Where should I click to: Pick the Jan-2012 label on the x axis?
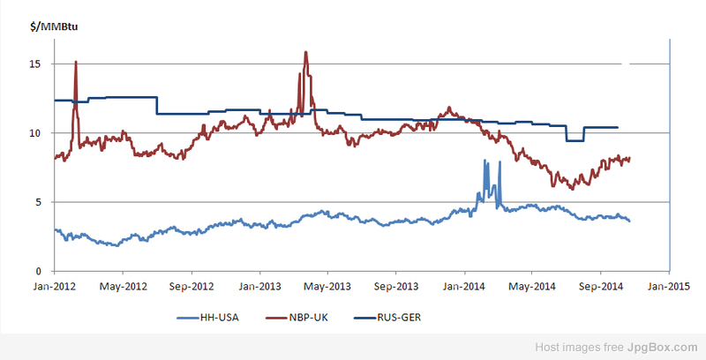click(54, 286)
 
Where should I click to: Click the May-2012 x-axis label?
click(123, 286)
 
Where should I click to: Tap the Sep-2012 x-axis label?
click(191, 286)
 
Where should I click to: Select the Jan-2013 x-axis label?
click(259, 286)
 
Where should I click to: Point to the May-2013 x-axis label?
click(327, 286)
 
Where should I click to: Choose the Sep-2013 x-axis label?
click(396, 286)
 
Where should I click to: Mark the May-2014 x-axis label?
click(532, 286)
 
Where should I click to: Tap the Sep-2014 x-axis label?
click(601, 286)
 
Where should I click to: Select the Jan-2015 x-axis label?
click(669, 286)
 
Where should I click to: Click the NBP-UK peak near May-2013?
click(305, 53)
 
